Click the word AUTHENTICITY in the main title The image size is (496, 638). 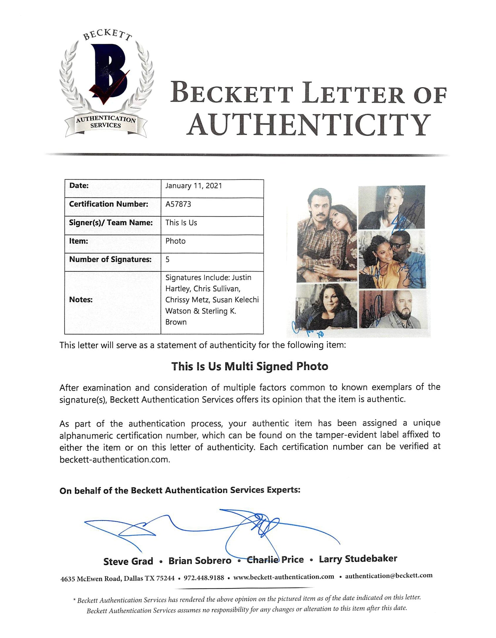point(309,125)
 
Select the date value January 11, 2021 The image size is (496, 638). point(193,186)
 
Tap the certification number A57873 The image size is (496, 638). point(178,204)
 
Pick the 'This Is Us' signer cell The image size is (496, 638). point(181,223)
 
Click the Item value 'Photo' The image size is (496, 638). point(175,241)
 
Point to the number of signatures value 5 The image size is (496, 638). point(168,259)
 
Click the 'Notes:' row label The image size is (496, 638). point(81,300)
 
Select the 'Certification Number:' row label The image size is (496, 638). point(108,204)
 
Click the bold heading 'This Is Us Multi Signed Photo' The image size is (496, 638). point(250,366)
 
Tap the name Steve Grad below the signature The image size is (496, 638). point(128,561)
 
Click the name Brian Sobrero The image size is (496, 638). point(200,561)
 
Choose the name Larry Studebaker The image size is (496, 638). point(358,559)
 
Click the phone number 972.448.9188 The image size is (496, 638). point(204,578)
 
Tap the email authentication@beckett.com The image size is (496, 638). point(389,576)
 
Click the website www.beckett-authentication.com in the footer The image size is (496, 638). point(283,577)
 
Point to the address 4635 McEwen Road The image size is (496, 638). point(91,578)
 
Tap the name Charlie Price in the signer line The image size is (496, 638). point(275,560)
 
